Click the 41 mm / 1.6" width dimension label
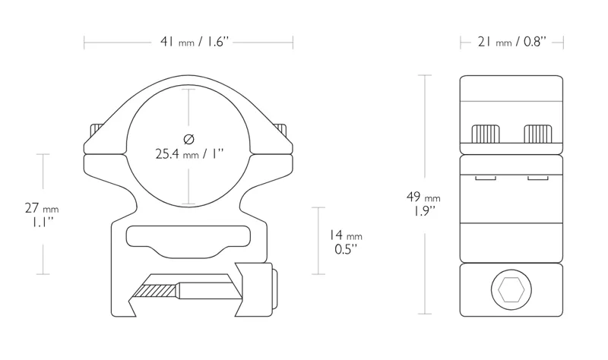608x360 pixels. click(188, 43)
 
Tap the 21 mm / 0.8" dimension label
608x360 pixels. click(511, 43)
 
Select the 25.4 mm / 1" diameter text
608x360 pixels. click(189, 154)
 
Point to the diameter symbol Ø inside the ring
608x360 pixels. click(189, 137)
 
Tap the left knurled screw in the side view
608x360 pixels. click(486, 134)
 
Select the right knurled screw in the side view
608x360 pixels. click(538, 134)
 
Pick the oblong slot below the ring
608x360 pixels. click(188, 238)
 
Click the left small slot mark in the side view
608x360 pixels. click(486, 179)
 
